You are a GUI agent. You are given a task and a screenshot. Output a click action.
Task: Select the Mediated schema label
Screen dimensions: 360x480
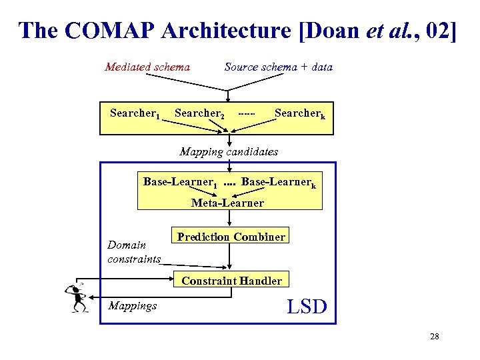[147, 67]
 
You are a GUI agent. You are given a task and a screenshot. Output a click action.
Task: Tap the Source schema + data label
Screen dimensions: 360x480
[278, 67]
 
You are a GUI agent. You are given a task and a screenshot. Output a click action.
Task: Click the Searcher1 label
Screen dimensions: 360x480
[135, 113]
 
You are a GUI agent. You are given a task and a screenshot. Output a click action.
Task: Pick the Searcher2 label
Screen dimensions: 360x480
[199, 113]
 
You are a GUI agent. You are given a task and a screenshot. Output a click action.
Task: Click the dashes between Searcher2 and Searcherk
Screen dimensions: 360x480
[247, 113]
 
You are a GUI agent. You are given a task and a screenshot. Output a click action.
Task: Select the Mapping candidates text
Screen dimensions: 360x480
[229, 151]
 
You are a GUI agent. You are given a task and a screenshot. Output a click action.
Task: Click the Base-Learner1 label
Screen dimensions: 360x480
[180, 182]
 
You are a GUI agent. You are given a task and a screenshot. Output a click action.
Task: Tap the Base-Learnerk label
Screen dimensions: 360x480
[278, 182]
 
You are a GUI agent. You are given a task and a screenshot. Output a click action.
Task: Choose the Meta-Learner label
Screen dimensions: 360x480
[227, 203]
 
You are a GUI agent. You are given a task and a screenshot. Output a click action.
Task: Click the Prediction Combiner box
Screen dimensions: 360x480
[231, 237]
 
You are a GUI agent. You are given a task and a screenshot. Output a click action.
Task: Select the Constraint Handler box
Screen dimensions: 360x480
[231, 281]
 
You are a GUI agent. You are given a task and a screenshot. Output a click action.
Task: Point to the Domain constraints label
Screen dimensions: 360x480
[134, 251]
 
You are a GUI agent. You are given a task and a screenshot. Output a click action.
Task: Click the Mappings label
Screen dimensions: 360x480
[132, 305]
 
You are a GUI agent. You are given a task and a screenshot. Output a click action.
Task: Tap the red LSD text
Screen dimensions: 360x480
[307, 307]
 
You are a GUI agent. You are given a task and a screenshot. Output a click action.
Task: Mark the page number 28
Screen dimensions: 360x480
[435, 337]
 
